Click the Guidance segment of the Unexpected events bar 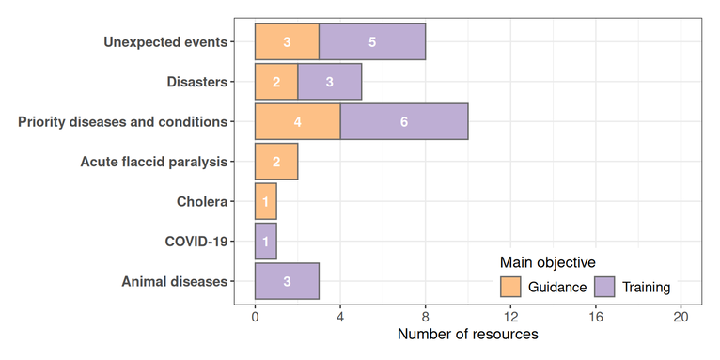tap(287, 42)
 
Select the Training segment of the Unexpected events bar tap(372, 42)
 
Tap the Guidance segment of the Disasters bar tap(276, 82)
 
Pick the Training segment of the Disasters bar tap(330, 82)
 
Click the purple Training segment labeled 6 tap(404, 122)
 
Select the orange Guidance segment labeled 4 tap(297, 122)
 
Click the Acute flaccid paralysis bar tap(276, 162)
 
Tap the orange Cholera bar tap(265, 202)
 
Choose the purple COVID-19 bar tap(265, 242)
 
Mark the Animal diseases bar tap(287, 281)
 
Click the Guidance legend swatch tap(510, 287)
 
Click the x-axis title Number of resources tap(467, 335)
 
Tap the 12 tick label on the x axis tap(510, 317)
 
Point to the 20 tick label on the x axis tap(681, 317)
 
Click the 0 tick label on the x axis tap(255, 317)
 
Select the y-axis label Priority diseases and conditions tap(123, 122)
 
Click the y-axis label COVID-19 tap(196, 242)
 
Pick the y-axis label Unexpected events tap(165, 42)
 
